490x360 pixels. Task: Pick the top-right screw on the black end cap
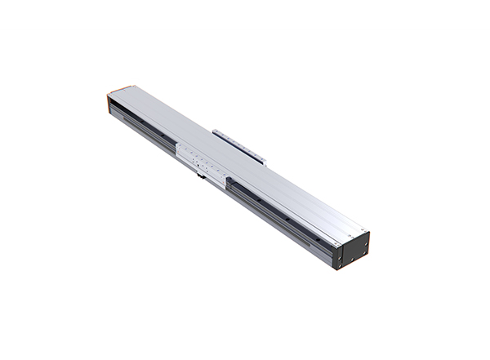point(366,238)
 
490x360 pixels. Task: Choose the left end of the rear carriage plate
point(216,130)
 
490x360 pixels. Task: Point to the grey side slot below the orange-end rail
point(139,127)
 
